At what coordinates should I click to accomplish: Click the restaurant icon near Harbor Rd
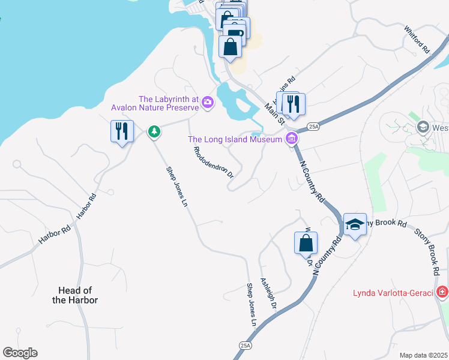click(122, 131)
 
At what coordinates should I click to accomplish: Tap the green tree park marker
click(154, 131)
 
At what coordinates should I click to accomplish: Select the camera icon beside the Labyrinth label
click(207, 103)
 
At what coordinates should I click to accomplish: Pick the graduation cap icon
click(355, 224)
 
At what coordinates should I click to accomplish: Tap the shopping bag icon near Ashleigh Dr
click(306, 243)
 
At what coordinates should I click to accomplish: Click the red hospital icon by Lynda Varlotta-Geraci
click(442, 292)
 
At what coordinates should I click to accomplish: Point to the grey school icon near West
click(423, 128)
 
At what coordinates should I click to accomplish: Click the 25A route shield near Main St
click(313, 127)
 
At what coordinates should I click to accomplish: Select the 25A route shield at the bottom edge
click(245, 346)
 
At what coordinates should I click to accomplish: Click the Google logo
click(20, 353)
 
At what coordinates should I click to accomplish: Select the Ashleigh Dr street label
click(268, 293)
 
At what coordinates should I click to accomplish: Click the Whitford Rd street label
click(417, 40)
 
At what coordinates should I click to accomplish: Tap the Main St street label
click(274, 114)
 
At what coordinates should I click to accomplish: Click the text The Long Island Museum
click(235, 139)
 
